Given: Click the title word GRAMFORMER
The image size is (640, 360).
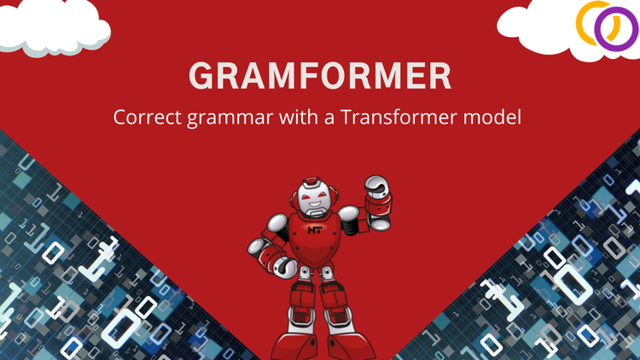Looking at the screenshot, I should click(319, 75).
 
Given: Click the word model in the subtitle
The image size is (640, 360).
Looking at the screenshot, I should click(488, 117).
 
